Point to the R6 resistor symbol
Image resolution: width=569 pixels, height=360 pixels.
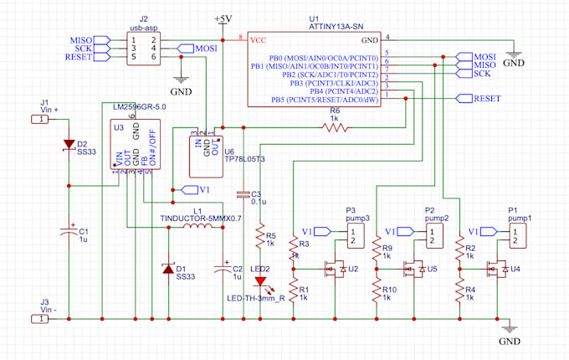[x=335, y=127]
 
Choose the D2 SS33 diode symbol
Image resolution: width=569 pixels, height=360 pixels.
[x=68, y=145]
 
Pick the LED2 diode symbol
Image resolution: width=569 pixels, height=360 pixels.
[x=261, y=283]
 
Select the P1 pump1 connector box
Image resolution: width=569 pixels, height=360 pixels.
[x=519, y=236]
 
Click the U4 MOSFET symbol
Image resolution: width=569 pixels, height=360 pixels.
[x=496, y=269]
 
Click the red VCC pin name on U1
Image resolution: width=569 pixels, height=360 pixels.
[x=258, y=39]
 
